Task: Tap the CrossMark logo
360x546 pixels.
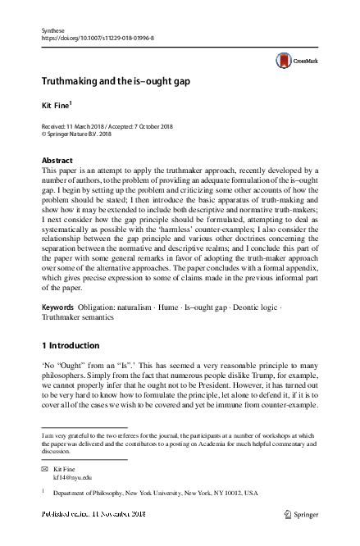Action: [296, 61]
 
